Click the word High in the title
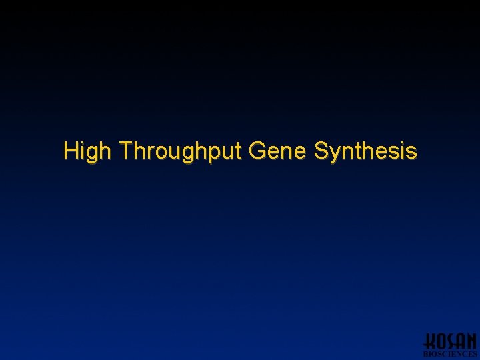tap(87, 151)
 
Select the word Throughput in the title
tap(181, 151)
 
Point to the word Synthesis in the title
tap(365, 151)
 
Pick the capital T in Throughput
tap(126, 151)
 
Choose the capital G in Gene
tap(257, 151)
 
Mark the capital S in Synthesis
tap(321, 151)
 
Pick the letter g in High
tap(92, 154)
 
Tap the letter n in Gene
tap(286, 153)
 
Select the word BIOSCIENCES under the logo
tap(451, 355)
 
